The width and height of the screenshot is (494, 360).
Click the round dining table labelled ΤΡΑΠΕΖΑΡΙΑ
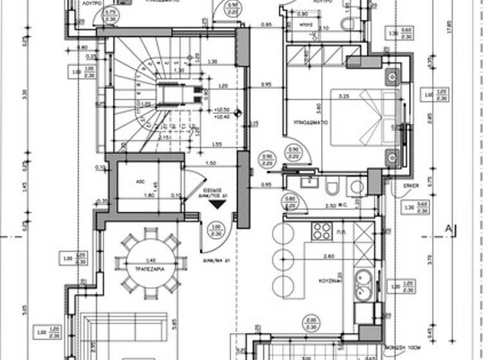[x=152, y=264]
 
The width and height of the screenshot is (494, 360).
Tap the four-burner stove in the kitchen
[x=322, y=231]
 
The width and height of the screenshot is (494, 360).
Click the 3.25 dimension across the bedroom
[x=343, y=96]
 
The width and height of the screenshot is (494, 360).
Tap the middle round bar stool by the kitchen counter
[x=282, y=259]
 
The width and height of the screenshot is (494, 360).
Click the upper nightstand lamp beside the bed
[x=392, y=78]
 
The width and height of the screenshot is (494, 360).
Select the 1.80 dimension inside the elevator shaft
[x=149, y=195]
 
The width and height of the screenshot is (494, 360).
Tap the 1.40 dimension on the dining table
[x=151, y=259]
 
